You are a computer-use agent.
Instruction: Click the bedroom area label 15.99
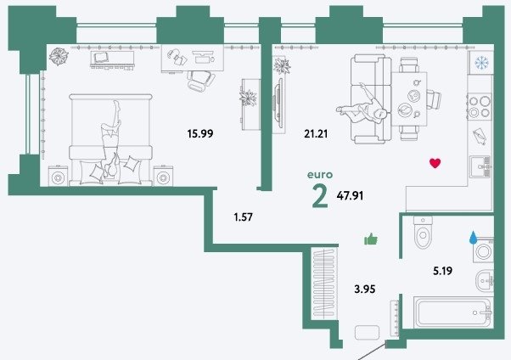(x=200, y=133)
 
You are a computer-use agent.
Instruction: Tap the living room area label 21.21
(x=316, y=133)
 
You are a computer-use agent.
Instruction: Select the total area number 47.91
(x=350, y=195)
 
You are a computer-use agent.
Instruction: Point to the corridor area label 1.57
(x=243, y=217)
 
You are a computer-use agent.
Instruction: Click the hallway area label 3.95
(x=365, y=289)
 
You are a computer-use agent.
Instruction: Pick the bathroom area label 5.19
(x=442, y=271)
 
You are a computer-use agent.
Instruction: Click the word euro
(x=320, y=175)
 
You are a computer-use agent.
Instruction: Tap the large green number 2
(x=320, y=195)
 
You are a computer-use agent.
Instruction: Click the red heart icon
(x=435, y=163)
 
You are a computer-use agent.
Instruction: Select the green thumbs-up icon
(x=371, y=239)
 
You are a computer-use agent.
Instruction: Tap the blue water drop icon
(x=473, y=238)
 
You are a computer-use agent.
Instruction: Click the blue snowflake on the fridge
(x=481, y=63)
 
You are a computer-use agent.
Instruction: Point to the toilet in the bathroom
(x=423, y=233)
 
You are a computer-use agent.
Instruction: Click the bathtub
(x=453, y=312)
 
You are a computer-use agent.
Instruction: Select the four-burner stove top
(x=479, y=107)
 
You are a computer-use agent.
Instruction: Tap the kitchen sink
(x=480, y=166)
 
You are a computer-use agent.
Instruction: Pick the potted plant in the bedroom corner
(x=59, y=56)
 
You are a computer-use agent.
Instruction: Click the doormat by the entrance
(x=367, y=333)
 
